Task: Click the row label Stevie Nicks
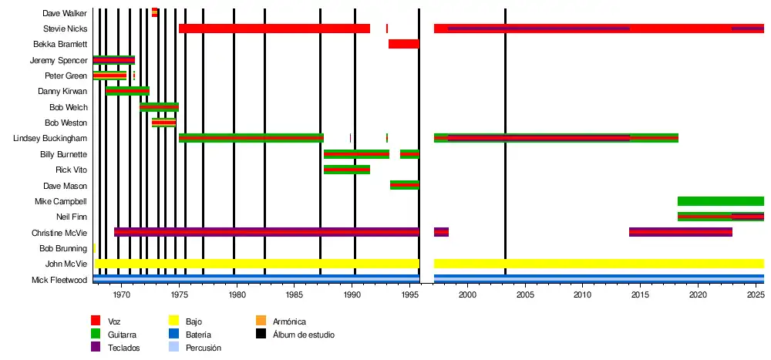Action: pos(65,29)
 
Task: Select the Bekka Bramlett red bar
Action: pos(403,44)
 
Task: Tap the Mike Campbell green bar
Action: pos(720,201)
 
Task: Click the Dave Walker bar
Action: pos(154,12)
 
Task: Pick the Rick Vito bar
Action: pos(346,170)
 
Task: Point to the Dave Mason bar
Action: pos(404,185)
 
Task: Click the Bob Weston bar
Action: pos(163,123)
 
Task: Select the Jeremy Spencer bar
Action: pos(113,60)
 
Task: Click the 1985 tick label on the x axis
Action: pos(295,294)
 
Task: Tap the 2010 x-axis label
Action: pos(582,294)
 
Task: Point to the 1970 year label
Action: pos(122,294)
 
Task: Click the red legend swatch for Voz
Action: pos(96,321)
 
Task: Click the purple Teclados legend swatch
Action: pos(96,347)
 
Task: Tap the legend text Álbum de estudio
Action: pos(304,335)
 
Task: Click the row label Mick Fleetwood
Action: pos(59,280)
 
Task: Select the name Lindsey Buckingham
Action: pos(50,138)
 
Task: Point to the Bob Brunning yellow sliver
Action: pos(94,248)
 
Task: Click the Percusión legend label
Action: pos(204,348)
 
